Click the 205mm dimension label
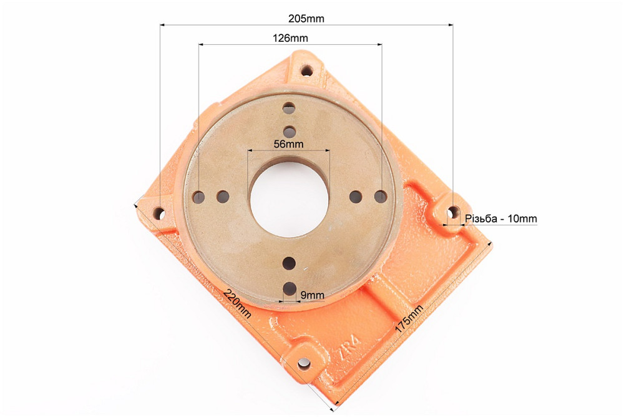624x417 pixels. click(306, 18)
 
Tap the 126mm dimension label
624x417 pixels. click(290, 38)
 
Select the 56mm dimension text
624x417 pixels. click(288, 144)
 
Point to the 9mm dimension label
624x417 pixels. click(313, 295)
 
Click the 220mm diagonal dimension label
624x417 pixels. click(237, 303)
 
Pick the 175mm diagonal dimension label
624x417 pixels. click(409, 319)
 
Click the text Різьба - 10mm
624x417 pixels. click(501, 218)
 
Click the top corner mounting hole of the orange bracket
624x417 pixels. click(307, 71)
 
